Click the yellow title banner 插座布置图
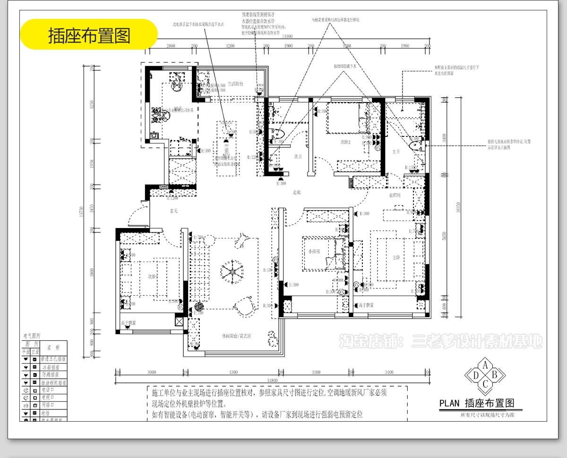click(89, 35)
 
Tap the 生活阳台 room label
click(235, 84)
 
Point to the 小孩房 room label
click(314, 252)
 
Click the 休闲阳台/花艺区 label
click(236, 336)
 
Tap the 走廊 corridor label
click(297, 192)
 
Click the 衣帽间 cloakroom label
click(395, 195)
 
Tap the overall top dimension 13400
click(287, 36)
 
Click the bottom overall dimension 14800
click(272, 380)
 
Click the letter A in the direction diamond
click(485, 365)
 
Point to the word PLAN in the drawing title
click(449, 403)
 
